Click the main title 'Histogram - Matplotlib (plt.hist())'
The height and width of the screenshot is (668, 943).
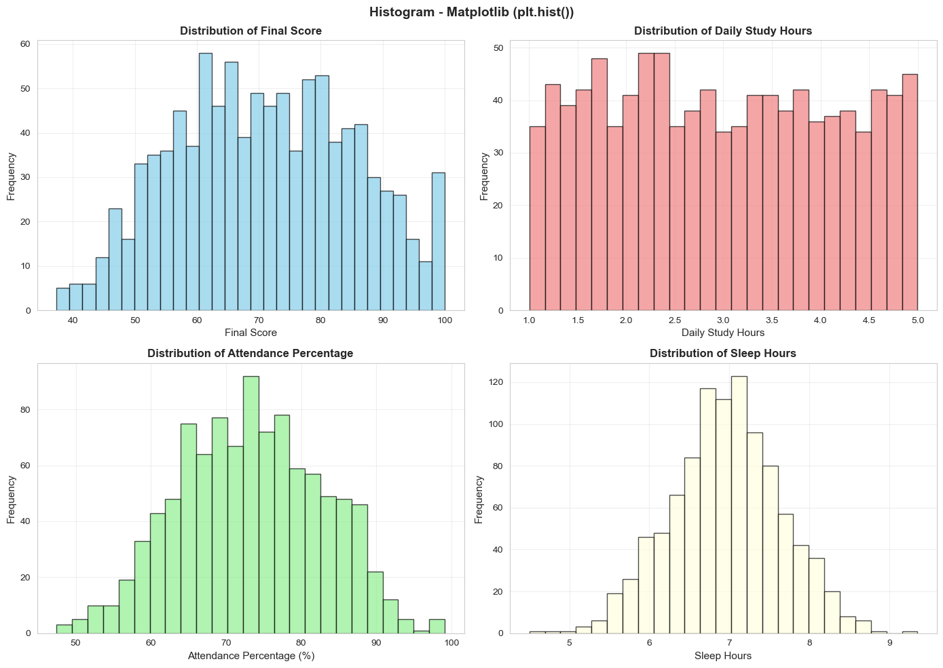471,12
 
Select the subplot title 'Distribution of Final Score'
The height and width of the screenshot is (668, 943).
251,31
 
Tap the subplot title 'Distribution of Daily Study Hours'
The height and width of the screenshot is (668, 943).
722,31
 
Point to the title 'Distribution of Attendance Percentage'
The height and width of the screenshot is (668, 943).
251,354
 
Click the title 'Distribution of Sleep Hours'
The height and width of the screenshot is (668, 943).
722,354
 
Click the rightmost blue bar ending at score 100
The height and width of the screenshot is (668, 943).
439,242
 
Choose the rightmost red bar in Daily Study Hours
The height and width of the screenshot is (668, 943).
910,192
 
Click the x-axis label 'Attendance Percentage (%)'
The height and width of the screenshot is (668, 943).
251,656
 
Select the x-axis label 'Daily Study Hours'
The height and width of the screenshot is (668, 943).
722,333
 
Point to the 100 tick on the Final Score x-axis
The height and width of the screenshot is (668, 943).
445,320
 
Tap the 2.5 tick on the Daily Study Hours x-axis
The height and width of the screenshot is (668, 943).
675,320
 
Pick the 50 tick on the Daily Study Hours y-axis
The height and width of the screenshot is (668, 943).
497,48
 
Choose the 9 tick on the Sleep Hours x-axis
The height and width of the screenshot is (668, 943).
889,643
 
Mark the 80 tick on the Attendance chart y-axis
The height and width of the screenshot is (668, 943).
24,410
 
